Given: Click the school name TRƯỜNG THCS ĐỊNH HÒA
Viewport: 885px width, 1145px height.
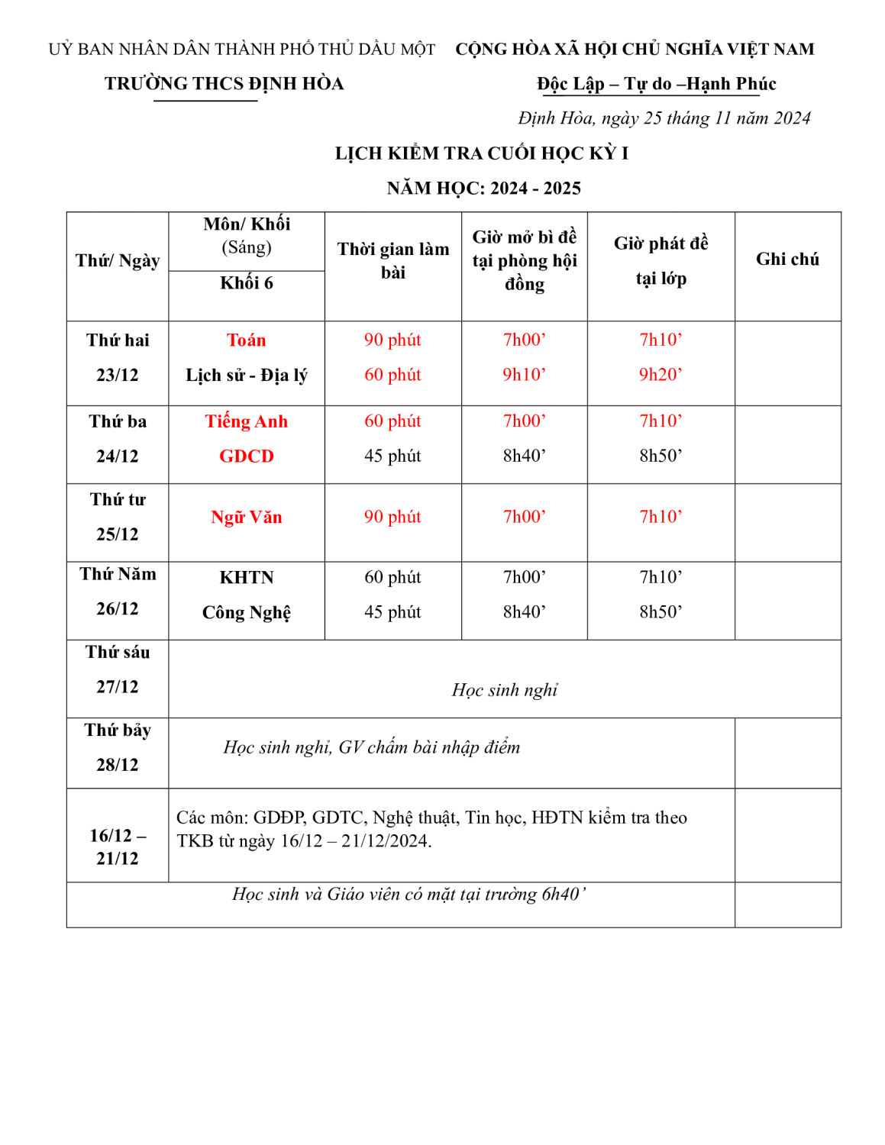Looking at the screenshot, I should pyautogui.click(x=224, y=84).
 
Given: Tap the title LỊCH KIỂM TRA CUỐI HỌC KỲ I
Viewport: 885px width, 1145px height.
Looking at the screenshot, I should pyautogui.click(x=481, y=153).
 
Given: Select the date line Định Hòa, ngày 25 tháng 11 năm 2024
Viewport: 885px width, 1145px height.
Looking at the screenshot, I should pyautogui.click(x=664, y=118).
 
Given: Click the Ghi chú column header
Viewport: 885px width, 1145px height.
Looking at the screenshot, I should pyautogui.click(x=786, y=260).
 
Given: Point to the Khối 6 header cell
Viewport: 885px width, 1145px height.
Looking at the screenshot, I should pyautogui.click(x=246, y=283).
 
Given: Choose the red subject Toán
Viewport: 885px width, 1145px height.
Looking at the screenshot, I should pyautogui.click(x=246, y=340).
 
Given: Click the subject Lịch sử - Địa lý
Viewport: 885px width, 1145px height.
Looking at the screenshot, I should pyautogui.click(x=246, y=376).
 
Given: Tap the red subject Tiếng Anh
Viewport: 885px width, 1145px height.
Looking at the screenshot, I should pyautogui.click(x=246, y=421).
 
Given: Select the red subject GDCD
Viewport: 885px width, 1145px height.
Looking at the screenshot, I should pyautogui.click(x=246, y=456).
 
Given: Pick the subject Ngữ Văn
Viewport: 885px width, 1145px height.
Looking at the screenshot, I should pyautogui.click(x=246, y=518).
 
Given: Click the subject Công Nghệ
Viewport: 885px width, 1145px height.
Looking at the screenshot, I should pyautogui.click(x=246, y=613).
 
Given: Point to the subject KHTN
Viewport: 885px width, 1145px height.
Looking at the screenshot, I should pyautogui.click(x=246, y=578).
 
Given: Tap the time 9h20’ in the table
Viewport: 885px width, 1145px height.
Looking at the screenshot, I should pyautogui.click(x=661, y=375).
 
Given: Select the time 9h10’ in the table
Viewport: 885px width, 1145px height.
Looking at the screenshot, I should pyautogui.click(x=524, y=375).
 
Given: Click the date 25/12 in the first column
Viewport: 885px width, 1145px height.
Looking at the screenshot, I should pyautogui.click(x=118, y=534).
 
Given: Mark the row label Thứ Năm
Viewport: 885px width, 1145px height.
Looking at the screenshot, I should pyautogui.click(x=118, y=574).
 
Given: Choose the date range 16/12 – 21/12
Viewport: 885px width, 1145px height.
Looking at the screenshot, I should pyautogui.click(x=118, y=847).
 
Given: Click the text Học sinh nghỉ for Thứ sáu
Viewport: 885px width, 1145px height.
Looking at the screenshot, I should pyautogui.click(x=504, y=690).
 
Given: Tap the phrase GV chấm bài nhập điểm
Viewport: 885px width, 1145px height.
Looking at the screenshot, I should pyautogui.click(x=429, y=747).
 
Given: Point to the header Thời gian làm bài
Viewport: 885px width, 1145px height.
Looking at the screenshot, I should pyautogui.click(x=392, y=261).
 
